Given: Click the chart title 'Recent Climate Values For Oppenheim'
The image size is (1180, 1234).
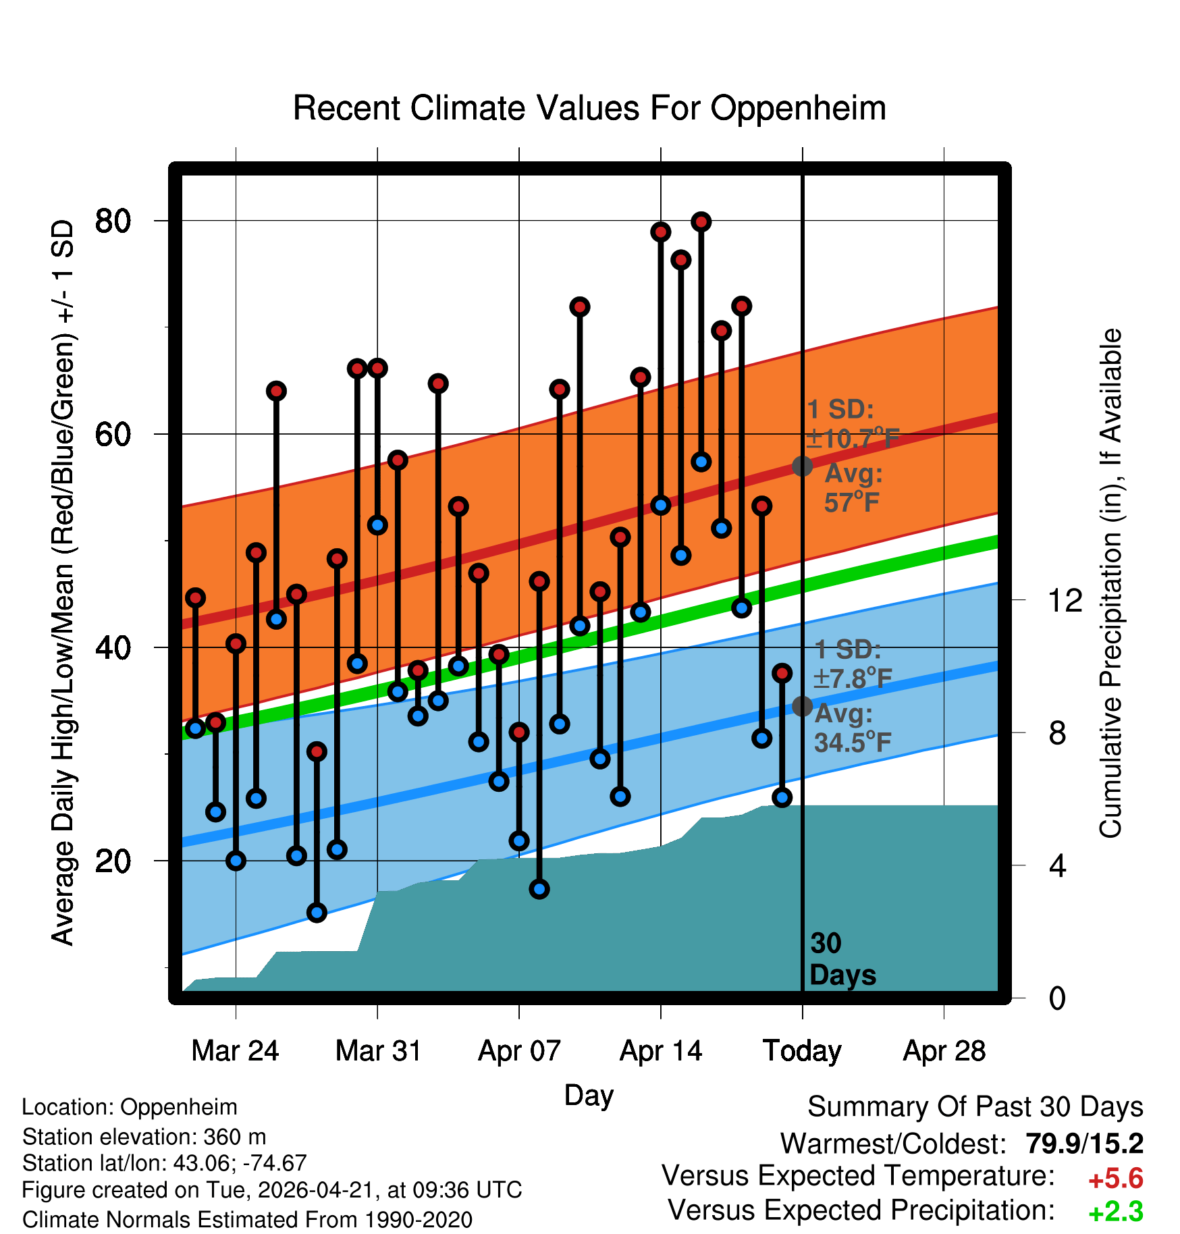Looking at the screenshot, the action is [589, 108].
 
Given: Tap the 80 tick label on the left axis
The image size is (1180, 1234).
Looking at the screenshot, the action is [113, 221].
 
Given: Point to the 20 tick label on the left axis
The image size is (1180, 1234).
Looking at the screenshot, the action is [113, 861].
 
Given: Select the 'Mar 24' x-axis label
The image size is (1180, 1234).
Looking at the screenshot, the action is [235, 1051].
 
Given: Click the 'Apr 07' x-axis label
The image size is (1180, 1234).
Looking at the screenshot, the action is [519, 1051].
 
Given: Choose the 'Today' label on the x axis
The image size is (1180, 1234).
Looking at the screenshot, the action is [802, 1051].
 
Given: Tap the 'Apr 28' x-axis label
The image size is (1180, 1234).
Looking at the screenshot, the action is [944, 1051].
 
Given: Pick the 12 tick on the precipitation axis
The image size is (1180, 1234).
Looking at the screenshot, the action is [1065, 600].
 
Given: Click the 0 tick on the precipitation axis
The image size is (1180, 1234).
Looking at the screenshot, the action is [1057, 998].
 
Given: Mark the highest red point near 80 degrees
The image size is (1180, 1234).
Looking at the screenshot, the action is [701, 221].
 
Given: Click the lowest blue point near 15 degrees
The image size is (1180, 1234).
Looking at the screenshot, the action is [317, 913].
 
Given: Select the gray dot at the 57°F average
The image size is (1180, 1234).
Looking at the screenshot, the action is [802, 466].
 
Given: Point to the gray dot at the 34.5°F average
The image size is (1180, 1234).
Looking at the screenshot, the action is [802, 706].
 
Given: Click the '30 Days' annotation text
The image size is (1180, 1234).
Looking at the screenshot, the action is [842, 959].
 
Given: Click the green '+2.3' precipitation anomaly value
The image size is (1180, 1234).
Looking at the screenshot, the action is [1116, 1212].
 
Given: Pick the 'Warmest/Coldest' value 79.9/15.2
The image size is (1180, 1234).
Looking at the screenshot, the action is [1084, 1144].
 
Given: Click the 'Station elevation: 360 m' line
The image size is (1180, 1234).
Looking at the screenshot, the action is [144, 1137].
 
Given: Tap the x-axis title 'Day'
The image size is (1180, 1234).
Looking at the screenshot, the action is [589, 1096].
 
